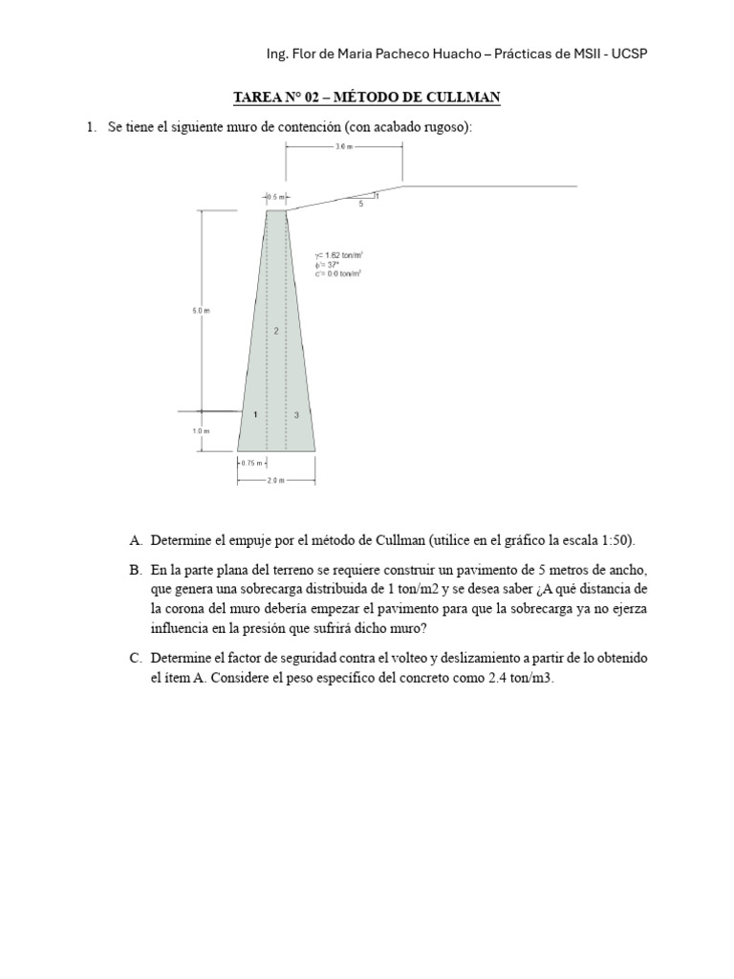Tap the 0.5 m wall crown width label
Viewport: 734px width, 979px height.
pos(274,196)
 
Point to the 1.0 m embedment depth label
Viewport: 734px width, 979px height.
pos(201,431)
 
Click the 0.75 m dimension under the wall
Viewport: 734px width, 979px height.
pos(250,463)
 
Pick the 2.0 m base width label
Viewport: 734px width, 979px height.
pos(275,481)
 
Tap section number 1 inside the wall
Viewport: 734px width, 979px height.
pos(255,415)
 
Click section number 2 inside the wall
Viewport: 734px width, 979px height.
pos(276,331)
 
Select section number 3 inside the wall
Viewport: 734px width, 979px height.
pos(297,415)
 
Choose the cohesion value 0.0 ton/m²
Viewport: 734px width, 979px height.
pos(339,273)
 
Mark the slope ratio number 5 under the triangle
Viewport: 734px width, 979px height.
pos(360,205)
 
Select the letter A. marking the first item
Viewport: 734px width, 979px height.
pos(135,540)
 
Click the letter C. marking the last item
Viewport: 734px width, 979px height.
pos(135,660)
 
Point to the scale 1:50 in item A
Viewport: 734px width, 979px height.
pos(612,540)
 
